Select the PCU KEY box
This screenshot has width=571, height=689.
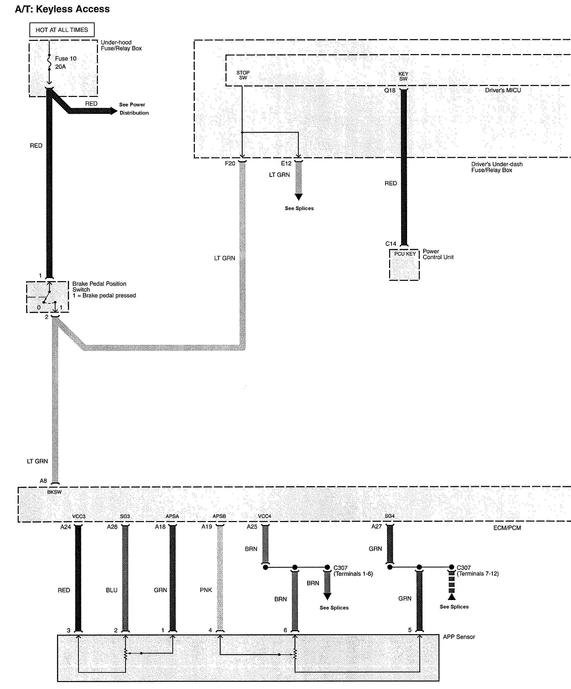click(404, 264)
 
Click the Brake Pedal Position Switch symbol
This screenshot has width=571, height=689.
click(48, 297)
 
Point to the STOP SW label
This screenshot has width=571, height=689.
click(243, 75)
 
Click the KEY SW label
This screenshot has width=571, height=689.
click(403, 77)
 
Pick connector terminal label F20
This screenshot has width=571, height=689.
click(230, 163)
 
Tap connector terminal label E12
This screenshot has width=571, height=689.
click(286, 163)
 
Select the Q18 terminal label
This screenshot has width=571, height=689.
click(390, 90)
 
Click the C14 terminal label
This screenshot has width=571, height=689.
click(391, 244)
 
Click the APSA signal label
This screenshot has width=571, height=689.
click(172, 516)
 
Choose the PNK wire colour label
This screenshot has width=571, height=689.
click(206, 590)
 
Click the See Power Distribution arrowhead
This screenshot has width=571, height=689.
click(114, 111)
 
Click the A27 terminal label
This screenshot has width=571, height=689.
click(376, 527)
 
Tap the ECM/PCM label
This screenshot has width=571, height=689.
click(507, 528)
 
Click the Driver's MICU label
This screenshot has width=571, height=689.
click(503, 90)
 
